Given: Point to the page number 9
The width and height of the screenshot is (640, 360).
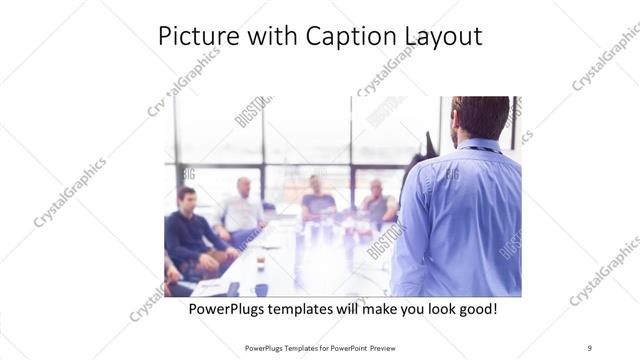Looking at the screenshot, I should (x=589, y=347).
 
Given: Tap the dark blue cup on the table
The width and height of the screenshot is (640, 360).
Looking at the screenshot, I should (x=261, y=289).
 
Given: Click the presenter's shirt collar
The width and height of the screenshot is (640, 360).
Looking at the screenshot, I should (x=479, y=144).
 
